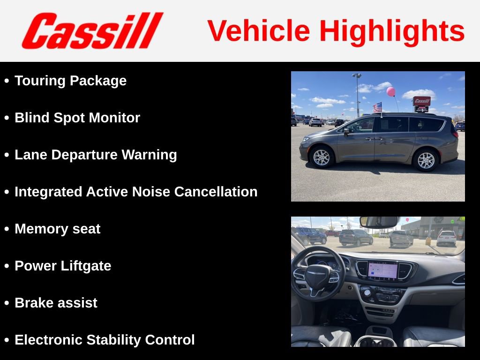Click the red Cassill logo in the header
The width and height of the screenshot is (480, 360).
coord(92,30)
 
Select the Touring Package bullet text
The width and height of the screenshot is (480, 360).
coord(70,81)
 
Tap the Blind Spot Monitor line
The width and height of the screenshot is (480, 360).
coord(77,118)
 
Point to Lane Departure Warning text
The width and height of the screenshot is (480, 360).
coord(96,155)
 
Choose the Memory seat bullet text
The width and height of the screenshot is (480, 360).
coord(57,229)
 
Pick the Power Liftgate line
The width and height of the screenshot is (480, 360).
coord(63,266)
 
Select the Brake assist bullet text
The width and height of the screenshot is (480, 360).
coord(56,303)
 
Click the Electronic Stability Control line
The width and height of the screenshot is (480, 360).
coord(105,340)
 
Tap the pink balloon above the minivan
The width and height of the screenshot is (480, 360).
coord(390,91)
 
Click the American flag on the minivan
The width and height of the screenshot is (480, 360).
coord(377,107)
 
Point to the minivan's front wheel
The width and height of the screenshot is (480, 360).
coord(322,157)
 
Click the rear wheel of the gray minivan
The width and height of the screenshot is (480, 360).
coord(426,160)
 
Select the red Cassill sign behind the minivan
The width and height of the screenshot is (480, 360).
coord(421,101)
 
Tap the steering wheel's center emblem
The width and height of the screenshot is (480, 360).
coord(318,273)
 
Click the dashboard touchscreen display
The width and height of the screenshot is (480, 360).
coord(382,270)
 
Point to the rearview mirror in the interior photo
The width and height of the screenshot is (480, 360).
coord(379,222)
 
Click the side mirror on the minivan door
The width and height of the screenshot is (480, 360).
coord(346,131)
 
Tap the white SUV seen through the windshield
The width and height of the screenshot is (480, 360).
coord(447,238)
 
